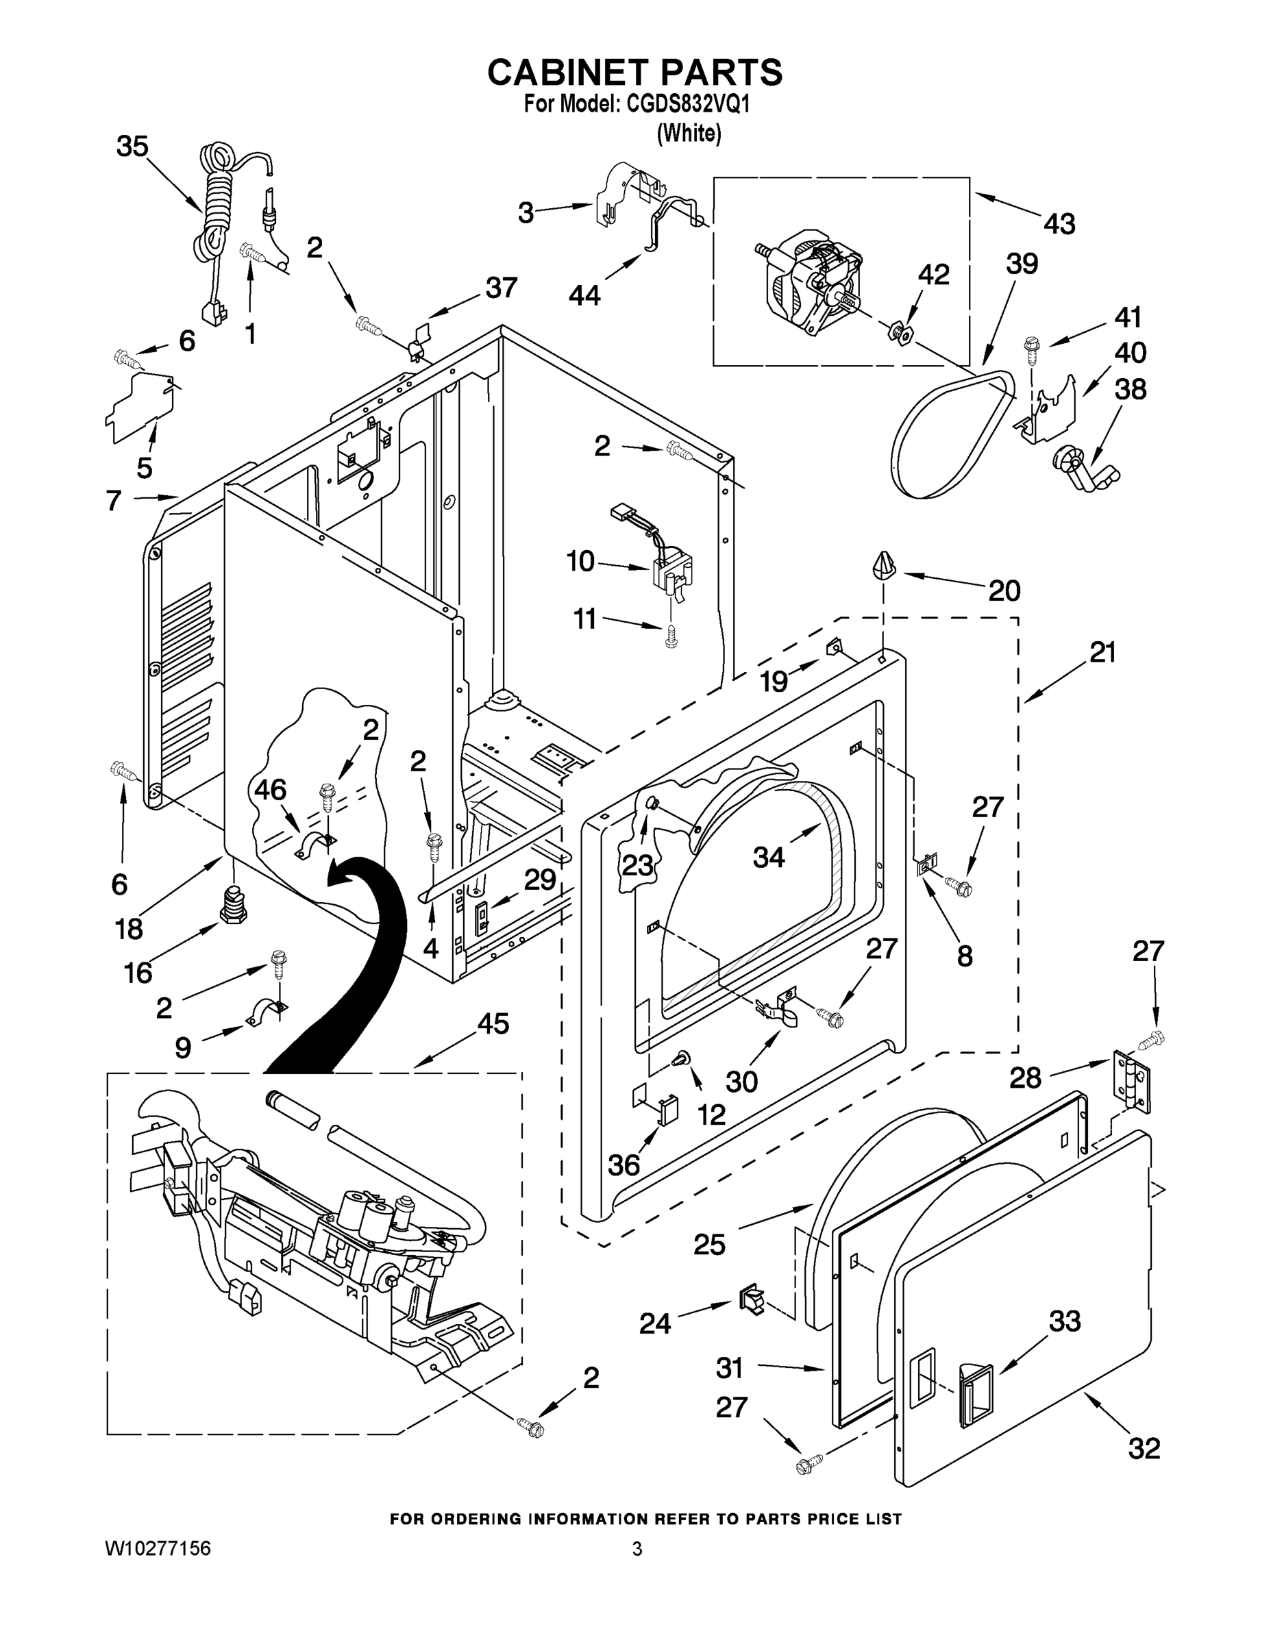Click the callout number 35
click(132, 147)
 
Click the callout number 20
click(1004, 591)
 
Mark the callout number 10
click(580, 561)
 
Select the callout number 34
click(769, 857)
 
